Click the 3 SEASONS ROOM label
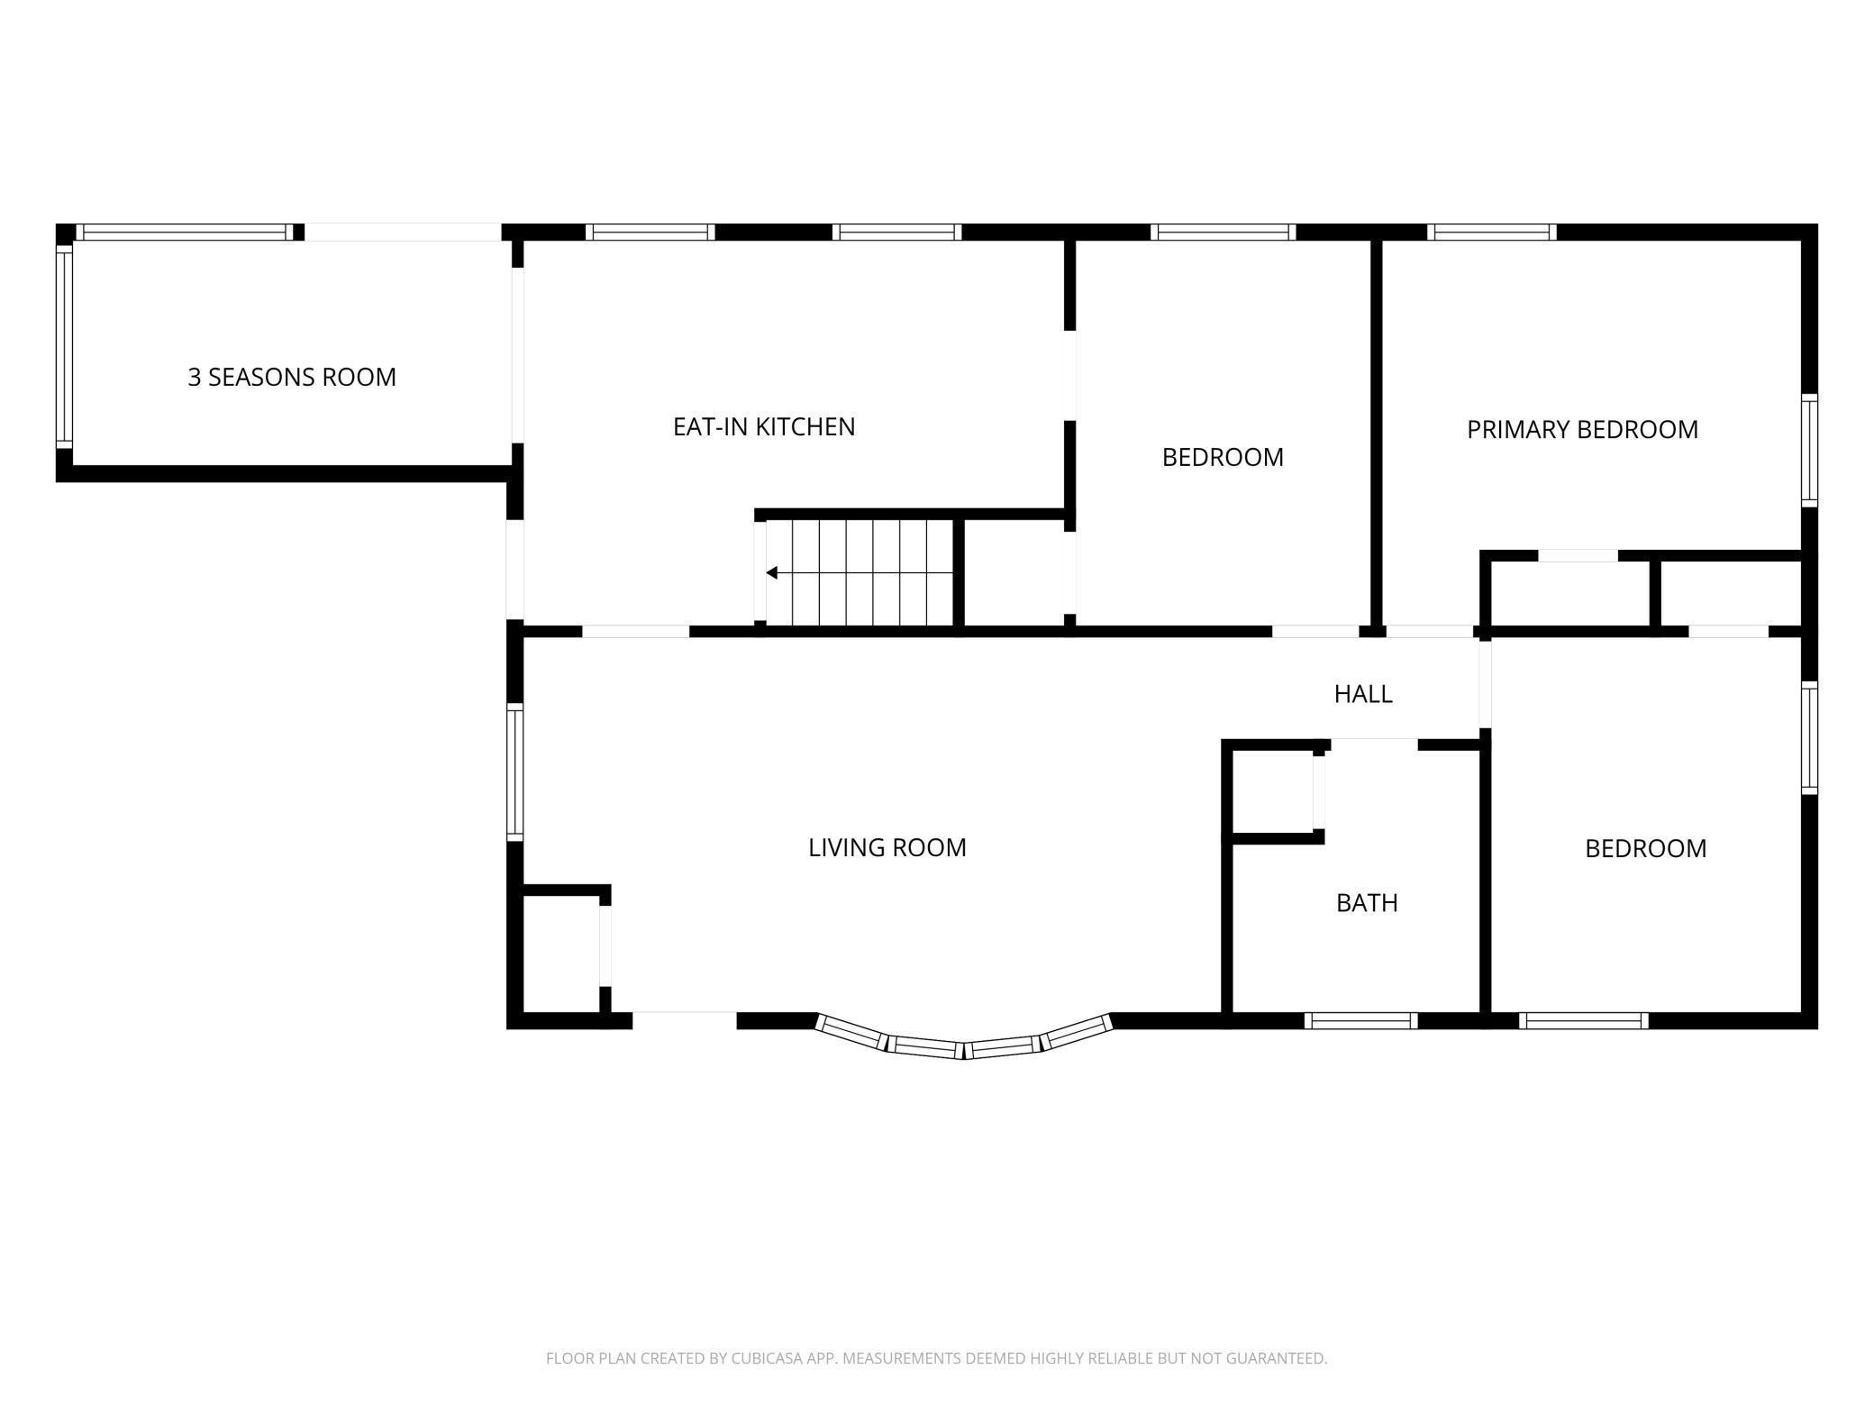292,377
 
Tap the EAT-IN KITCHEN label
764,426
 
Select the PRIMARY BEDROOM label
1582,429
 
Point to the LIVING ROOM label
887,847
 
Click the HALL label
1363,693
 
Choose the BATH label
1367,902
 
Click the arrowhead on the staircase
771,572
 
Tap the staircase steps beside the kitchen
860,572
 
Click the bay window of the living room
964,1041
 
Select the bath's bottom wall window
1360,1020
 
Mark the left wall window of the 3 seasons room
64,347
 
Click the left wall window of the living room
514,771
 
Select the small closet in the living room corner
561,954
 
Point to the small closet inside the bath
1272,790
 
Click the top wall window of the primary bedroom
1492,232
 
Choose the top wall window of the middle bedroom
1223,232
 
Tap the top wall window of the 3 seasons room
184,232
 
